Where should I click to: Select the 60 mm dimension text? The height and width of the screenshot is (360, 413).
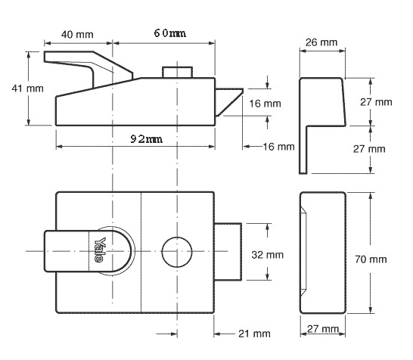(169, 34)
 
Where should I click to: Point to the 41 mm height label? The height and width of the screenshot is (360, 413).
(15, 88)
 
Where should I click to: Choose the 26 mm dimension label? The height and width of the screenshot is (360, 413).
(322, 42)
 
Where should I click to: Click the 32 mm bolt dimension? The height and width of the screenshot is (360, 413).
(267, 255)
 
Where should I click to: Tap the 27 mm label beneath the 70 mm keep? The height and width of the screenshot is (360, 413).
(321, 329)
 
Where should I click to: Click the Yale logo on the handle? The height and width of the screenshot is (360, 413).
(99, 250)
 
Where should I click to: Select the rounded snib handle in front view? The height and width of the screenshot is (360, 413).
(83, 250)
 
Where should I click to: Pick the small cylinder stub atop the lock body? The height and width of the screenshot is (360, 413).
(177, 71)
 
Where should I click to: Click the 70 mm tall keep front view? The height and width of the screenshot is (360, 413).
(321, 252)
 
